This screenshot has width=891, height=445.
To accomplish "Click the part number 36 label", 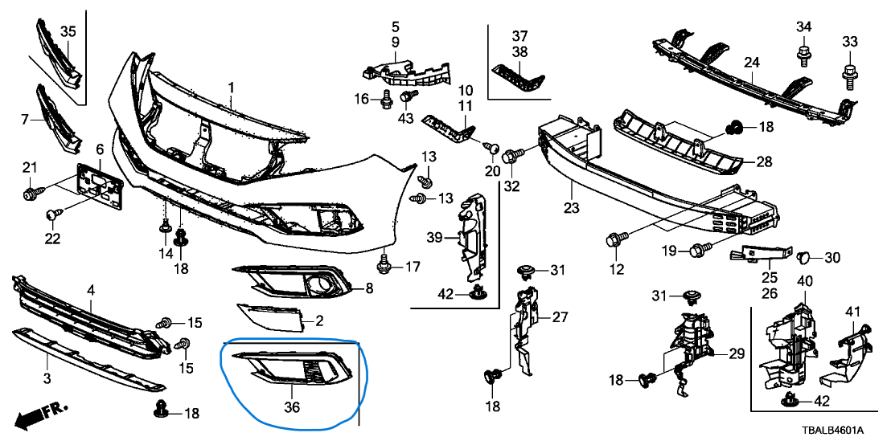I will coord(291,407).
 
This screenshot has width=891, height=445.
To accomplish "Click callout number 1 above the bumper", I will coord(230,87).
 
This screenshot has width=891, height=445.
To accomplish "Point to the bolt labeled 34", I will coord(803,56).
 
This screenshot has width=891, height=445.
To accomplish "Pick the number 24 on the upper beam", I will coord(751,62).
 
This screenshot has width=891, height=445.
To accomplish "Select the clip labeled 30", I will coord(803,258).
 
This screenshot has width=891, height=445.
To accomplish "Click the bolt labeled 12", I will coord(616,239).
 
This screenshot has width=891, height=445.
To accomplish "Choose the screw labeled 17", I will coord(384,263).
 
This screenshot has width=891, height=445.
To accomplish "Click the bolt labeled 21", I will coord(31,193).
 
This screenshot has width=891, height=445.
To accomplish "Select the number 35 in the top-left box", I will coord(68,31).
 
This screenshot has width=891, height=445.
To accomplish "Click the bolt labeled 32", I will coord(510,155).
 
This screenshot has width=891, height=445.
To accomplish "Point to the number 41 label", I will coord(853,311).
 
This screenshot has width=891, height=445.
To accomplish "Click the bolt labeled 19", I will coord(696,251).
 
